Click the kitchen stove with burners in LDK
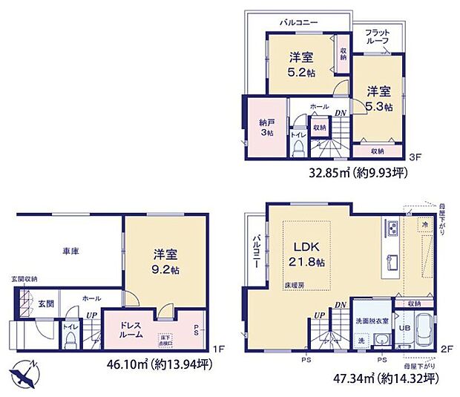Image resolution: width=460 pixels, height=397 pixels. [x=392, y=227]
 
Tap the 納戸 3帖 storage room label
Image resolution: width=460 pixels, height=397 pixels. [x=266, y=127]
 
